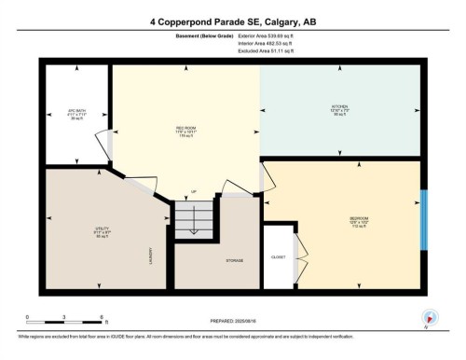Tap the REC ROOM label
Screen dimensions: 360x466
tap(185, 127)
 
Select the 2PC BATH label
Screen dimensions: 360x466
tap(76, 111)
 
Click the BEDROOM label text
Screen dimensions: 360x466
tap(347, 221)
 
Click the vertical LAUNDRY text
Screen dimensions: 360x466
tap(151, 256)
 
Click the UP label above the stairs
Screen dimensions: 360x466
tap(194, 193)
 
